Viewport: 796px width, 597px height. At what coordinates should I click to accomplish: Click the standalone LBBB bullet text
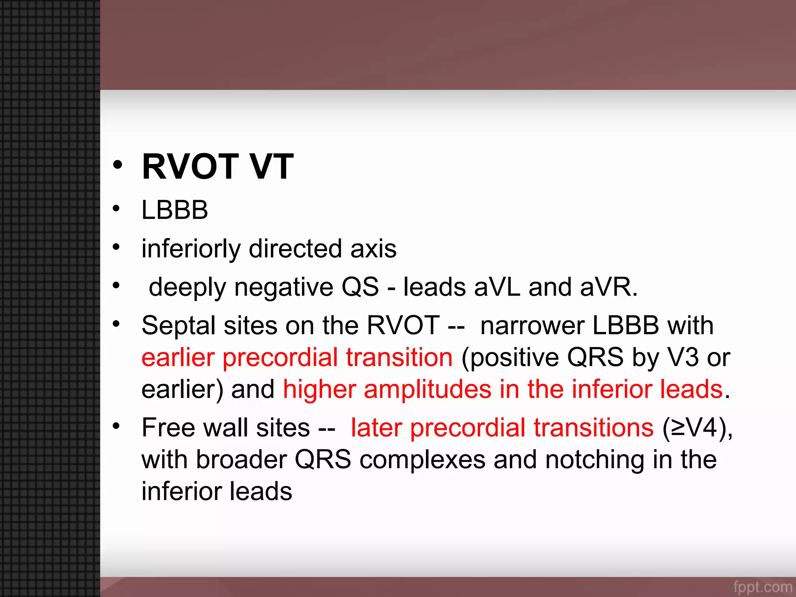(175, 210)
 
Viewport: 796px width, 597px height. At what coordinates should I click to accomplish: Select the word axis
(373, 249)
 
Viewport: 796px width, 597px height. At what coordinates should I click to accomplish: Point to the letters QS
(360, 287)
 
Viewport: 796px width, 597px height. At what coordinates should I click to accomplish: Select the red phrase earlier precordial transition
(297, 358)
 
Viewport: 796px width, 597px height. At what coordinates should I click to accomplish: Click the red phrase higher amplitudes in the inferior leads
(503, 389)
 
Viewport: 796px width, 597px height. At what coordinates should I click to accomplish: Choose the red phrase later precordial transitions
(502, 428)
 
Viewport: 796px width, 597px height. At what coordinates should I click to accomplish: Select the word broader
(241, 460)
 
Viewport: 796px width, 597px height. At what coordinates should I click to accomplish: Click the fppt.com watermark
(762, 587)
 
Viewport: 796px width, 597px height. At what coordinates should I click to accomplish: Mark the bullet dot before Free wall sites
(116, 426)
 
